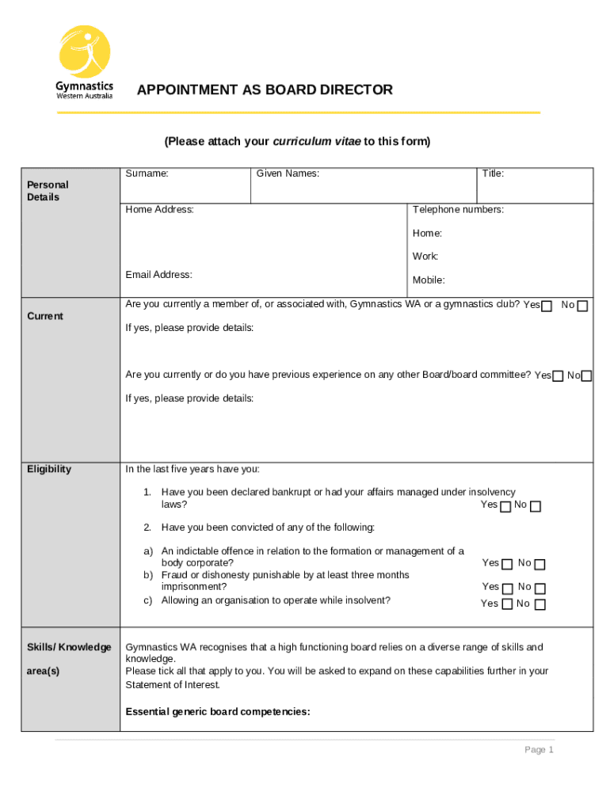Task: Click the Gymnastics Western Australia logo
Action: (x=84, y=63)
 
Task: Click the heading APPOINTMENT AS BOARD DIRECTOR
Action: (x=265, y=90)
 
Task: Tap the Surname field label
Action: (x=147, y=173)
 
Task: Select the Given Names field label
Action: (x=287, y=173)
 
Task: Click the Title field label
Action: (x=493, y=173)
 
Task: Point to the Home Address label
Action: (x=159, y=210)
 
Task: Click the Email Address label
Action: (x=158, y=275)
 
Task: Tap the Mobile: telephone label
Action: (x=429, y=280)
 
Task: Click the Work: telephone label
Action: (x=425, y=257)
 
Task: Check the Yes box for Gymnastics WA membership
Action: (x=547, y=307)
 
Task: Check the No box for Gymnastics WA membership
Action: (x=583, y=307)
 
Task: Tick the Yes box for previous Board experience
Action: (x=558, y=376)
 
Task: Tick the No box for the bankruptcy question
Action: (x=536, y=507)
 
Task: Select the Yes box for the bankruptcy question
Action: (x=505, y=507)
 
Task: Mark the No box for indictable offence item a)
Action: (x=540, y=565)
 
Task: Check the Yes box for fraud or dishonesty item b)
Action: (x=507, y=588)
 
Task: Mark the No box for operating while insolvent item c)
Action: (x=540, y=605)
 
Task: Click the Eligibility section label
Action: (x=49, y=470)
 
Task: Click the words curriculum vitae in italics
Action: (x=316, y=142)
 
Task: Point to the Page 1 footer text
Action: (x=539, y=750)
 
